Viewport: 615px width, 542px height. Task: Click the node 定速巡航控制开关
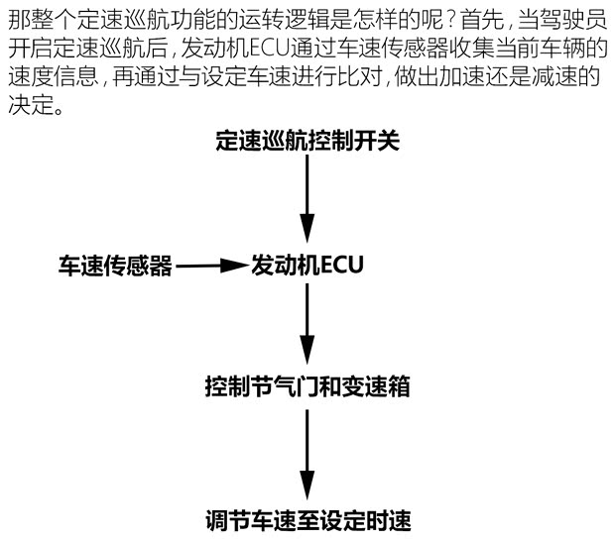[307, 141]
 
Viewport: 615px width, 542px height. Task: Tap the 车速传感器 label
[115, 266]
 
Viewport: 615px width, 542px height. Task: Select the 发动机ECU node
[307, 266]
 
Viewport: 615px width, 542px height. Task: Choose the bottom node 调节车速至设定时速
[307, 518]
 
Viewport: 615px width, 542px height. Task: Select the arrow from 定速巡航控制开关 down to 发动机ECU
[307, 203]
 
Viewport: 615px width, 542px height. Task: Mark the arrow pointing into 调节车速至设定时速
[307, 451]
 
